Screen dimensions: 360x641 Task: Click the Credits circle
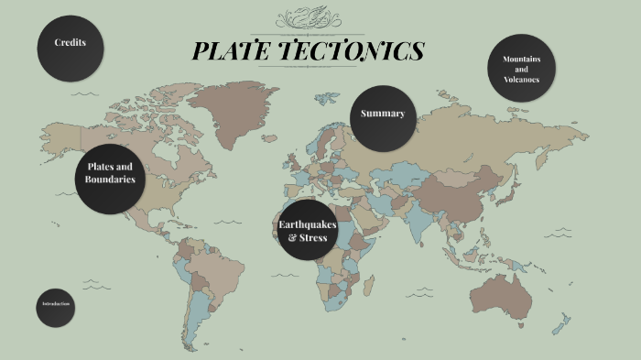(70, 44)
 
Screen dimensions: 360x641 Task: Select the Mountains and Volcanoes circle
(521, 69)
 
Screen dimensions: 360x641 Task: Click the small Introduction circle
(55, 305)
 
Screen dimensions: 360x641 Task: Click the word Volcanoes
(521, 80)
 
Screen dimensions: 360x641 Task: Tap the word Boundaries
(110, 180)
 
